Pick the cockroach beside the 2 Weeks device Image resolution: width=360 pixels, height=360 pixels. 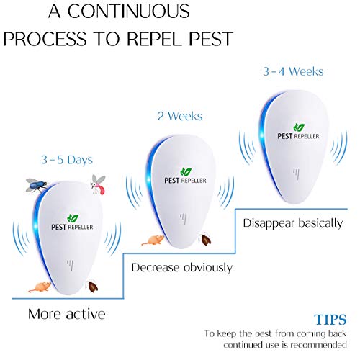205,240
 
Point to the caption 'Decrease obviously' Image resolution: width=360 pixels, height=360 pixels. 181,267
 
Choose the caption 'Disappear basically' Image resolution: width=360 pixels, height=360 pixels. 292,222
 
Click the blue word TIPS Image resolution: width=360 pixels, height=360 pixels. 329,319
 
